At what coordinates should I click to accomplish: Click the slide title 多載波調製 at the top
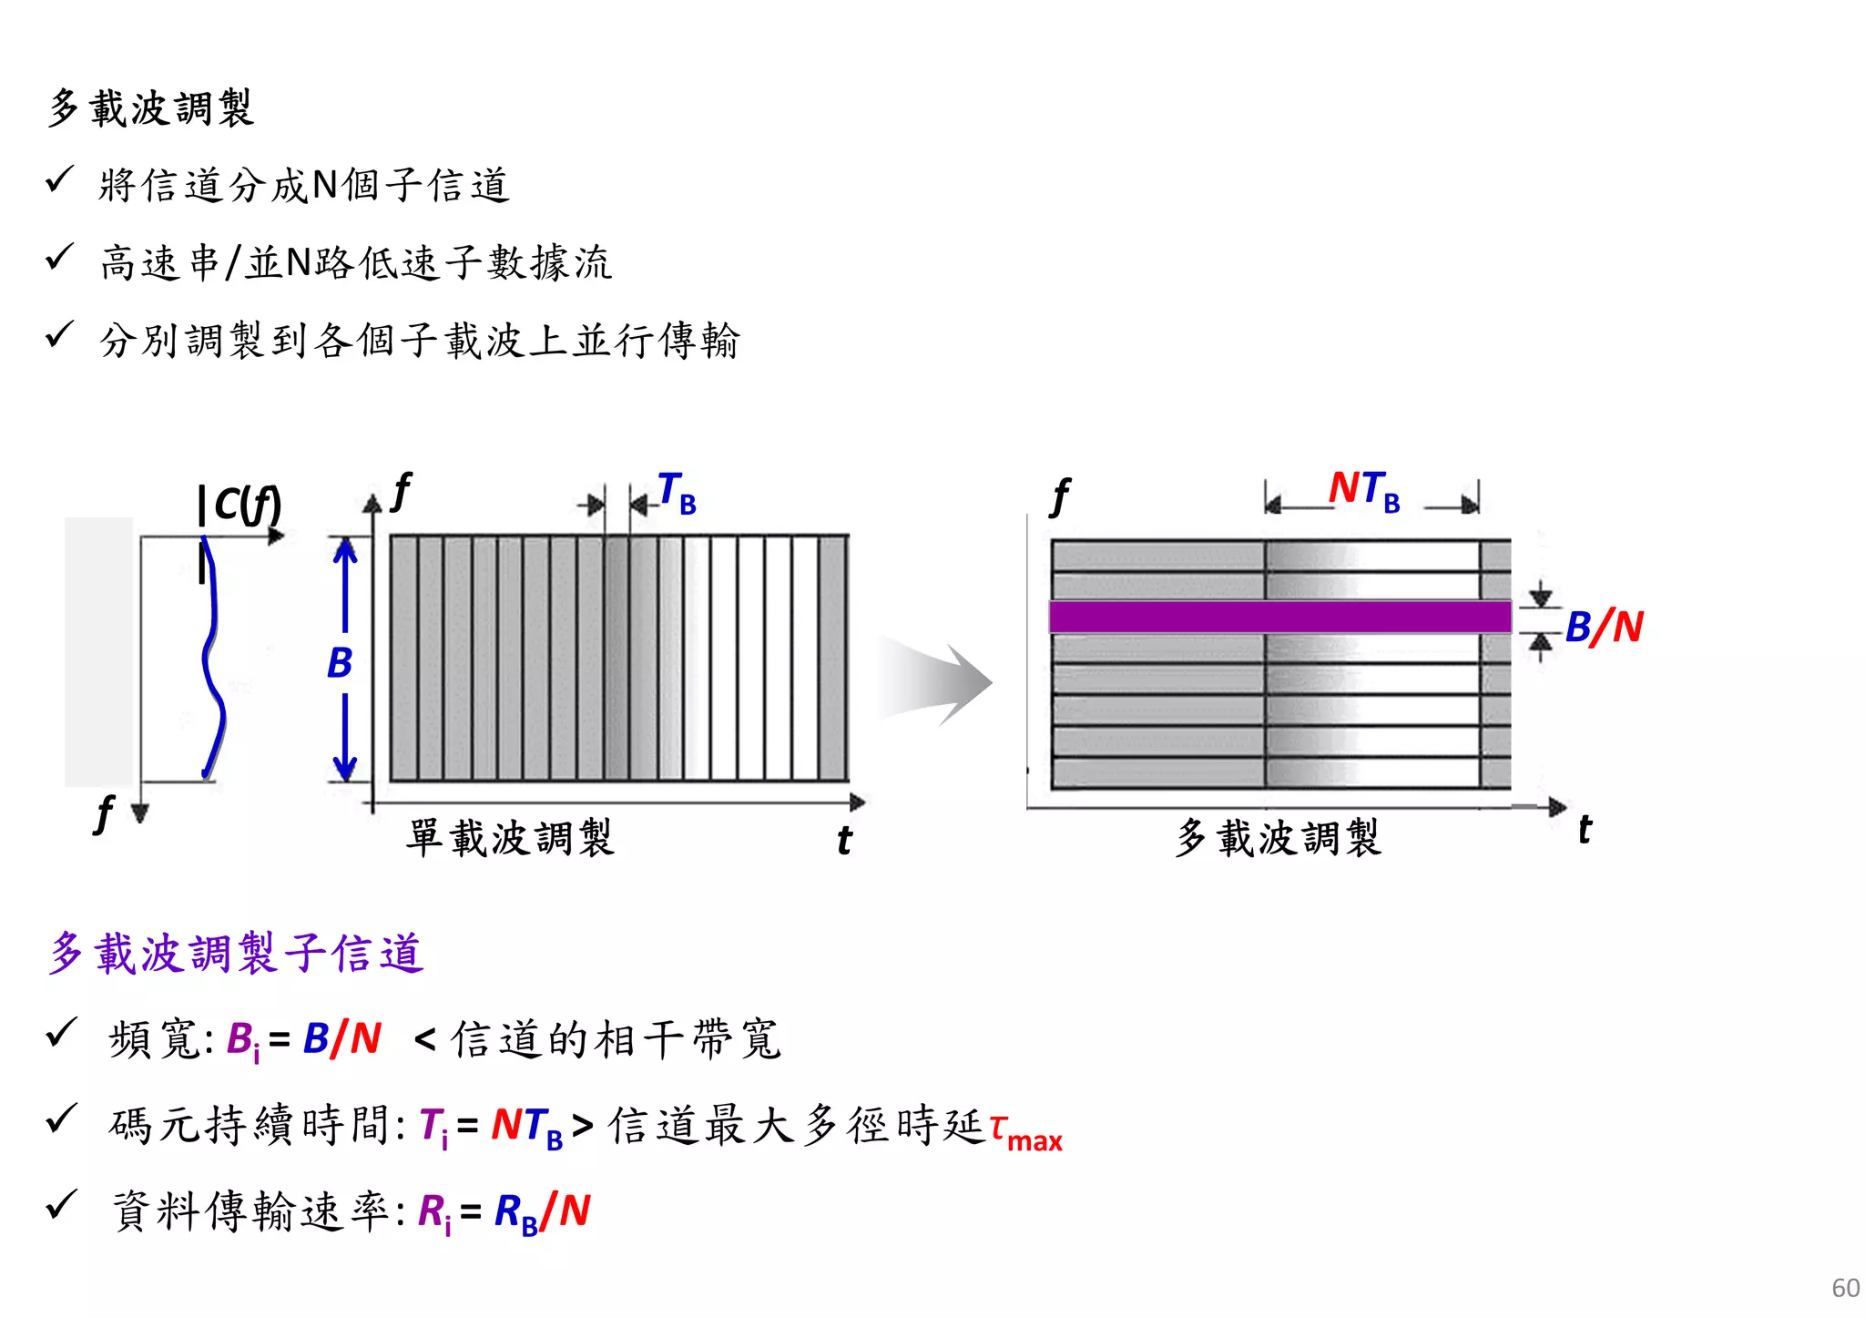click(x=150, y=108)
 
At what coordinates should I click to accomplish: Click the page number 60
click(x=1845, y=1287)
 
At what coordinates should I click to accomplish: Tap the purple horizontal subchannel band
click(x=1279, y=617)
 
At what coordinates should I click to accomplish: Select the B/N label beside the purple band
click(x=1604, y=627)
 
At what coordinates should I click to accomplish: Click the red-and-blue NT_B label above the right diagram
click(x=1363, y=490)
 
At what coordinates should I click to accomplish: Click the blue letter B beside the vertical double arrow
click(x=339, y=662)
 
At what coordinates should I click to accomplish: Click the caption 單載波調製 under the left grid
click(x=511, y=837)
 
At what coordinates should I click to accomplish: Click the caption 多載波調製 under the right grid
click(x=1279, y=837)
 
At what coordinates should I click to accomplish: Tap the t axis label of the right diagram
click(x=1585, y=830)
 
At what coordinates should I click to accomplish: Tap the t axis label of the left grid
click(x=844, y=840)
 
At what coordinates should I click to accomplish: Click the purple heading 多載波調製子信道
click(x=237, y=953)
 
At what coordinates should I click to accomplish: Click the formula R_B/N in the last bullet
click(x=542, y=1213)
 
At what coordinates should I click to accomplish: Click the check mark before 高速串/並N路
click(x=59, y=259)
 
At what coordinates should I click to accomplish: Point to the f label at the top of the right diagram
click(x=1059, y=497)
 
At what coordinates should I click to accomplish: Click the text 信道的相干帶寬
click(x=616, y=1038)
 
